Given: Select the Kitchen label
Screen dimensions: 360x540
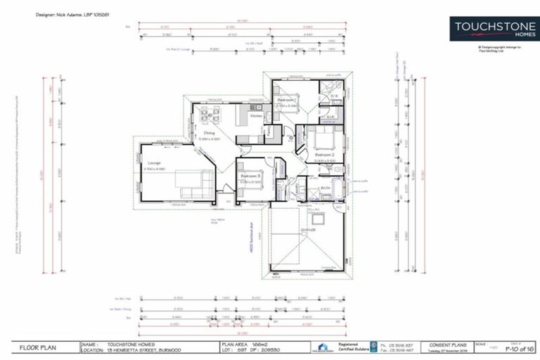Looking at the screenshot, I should click(x=256, y=115).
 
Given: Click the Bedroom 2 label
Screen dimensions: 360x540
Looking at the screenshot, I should click(x=323, y=155).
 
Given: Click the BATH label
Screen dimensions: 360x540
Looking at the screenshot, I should click(x=326, y=188).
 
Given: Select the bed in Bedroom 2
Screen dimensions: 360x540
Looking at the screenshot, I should click(x=324, y=139).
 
